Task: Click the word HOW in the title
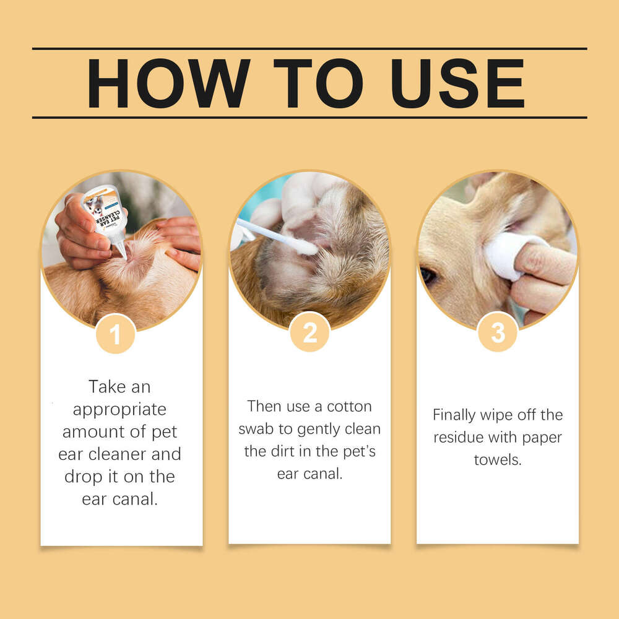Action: [x=168, y=84]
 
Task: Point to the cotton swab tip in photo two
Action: [x=306, y=247]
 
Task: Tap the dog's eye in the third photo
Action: [x=428, y=275]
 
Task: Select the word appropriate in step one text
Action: [x=119, y=410]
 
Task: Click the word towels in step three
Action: [x=497, y=460]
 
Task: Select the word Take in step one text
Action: [x=102, y=387]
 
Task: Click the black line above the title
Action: [x=309, y=48]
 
